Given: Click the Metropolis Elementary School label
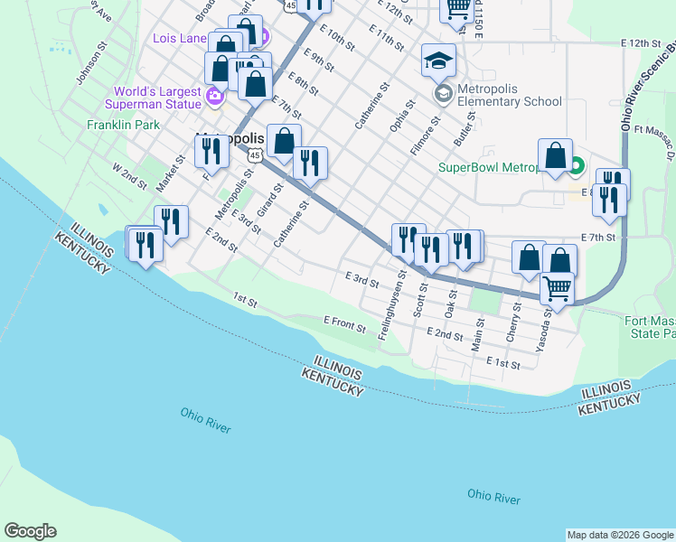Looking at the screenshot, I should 510,95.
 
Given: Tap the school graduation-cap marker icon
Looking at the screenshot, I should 438,61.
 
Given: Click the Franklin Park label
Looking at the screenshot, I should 124,125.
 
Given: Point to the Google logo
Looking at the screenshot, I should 30,531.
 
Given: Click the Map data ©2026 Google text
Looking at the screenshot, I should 619,535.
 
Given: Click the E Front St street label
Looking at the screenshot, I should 344,322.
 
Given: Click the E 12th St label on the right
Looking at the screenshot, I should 642,42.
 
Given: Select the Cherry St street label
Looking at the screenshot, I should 516,317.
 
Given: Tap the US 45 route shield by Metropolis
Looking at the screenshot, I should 256,155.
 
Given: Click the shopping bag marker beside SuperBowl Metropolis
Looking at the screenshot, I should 555,156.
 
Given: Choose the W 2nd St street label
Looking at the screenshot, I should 128,175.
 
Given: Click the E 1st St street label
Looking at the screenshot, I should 503,362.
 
